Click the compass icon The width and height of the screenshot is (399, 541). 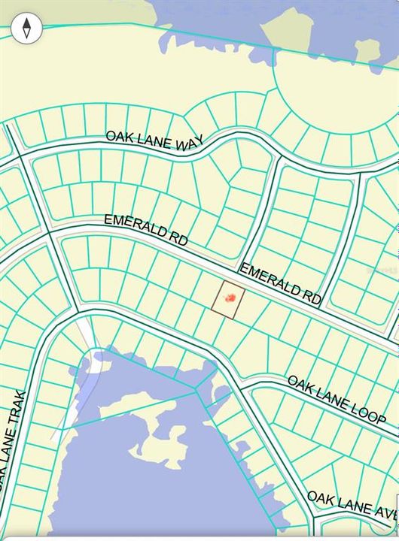pyautogui.click(x=27, y=29)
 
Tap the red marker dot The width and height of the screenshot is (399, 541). pyautogui.click(x=231, y=298)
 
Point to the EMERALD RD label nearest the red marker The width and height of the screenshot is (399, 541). pyautogui.click(x=281, y=284)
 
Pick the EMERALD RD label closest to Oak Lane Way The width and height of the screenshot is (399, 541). pyautogui.click(x=145, y=229)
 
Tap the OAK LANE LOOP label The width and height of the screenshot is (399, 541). pyautogui.click(x=337, y=399)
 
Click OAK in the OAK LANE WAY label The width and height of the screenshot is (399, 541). pyautogui.click(x=119, y=137)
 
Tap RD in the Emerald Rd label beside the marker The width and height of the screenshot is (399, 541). pyautogui.click(x=312, y=297)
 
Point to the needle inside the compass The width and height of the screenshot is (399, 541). pyautogui.click(x=27, y=29)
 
